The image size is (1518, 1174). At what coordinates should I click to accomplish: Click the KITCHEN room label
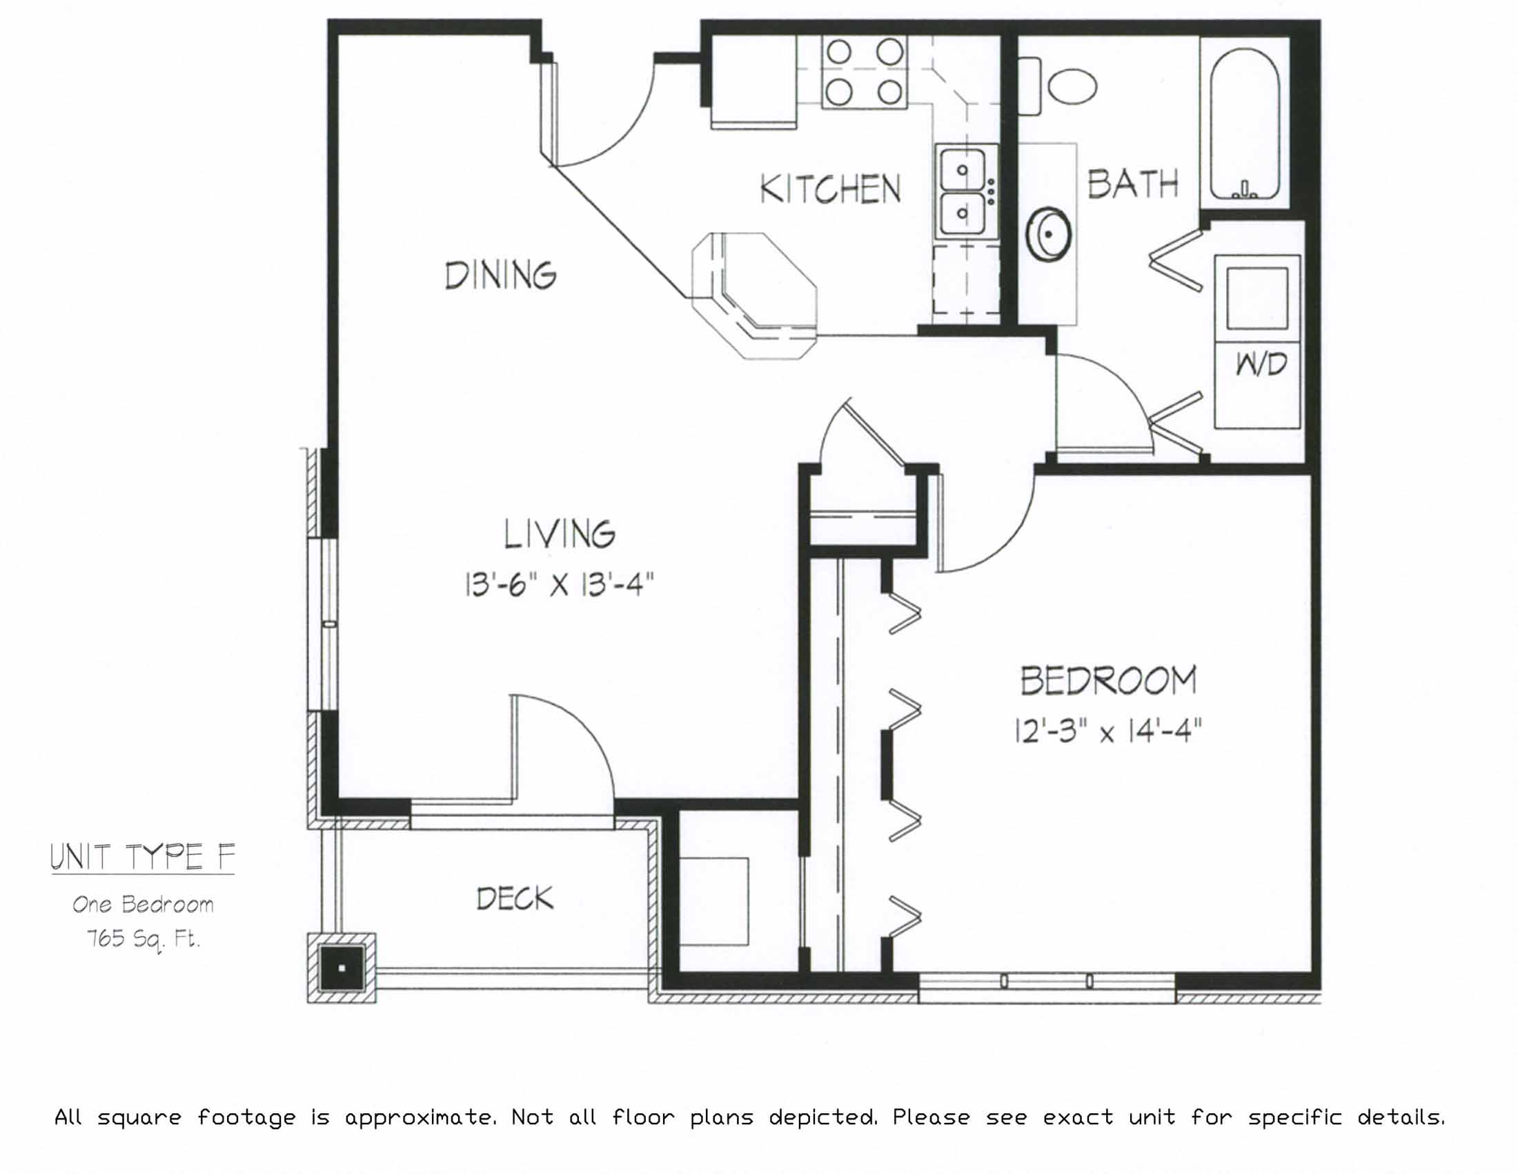831,189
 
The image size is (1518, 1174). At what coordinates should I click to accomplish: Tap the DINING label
500,276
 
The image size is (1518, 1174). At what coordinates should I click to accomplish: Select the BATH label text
1133,184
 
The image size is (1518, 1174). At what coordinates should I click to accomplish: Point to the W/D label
1261,364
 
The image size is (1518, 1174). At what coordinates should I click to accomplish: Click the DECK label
515,899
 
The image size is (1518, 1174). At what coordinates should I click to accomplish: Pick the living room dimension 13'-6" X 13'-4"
560,585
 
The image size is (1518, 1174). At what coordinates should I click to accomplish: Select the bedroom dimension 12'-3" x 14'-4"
1108,731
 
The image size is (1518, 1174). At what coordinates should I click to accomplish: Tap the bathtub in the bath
1244,123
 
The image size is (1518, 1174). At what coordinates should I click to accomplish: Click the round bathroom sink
1048,234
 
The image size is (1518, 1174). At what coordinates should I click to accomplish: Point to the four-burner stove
865,73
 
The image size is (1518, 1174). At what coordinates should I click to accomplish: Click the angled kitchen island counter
754,296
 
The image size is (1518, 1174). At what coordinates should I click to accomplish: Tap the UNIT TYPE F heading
143,857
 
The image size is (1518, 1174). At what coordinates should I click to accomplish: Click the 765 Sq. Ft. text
144,940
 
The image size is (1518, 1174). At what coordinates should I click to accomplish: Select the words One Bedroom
144,905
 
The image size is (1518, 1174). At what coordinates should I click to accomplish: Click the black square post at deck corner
342,968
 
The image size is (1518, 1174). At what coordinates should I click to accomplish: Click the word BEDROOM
1109,682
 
